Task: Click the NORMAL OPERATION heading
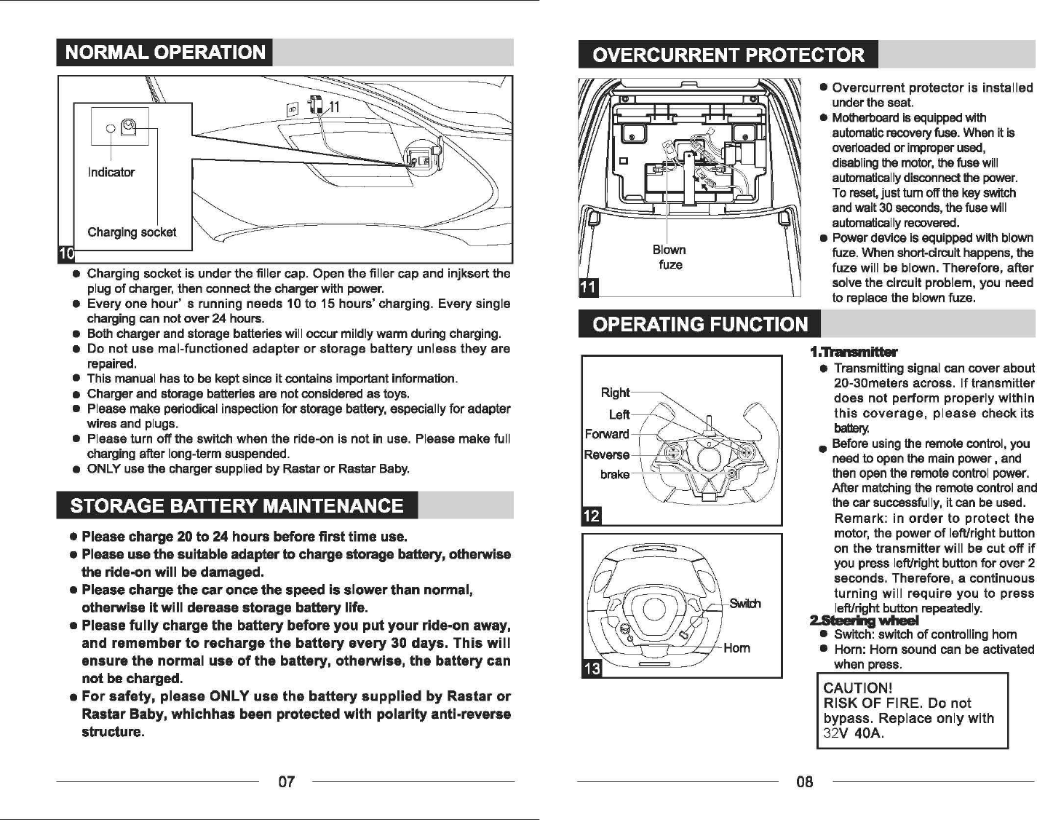(165, 52)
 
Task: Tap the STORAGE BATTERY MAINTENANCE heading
(237, 505)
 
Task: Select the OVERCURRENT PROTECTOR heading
(728, 55)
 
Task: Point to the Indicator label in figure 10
(111, 173)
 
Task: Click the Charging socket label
(132, 232)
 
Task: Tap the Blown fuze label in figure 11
(670, 257)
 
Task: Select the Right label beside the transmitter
(615, 393)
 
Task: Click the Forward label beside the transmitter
(607, 434)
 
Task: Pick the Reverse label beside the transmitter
(606, 454)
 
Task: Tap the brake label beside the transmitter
(615, 474)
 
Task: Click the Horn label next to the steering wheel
(736, 647)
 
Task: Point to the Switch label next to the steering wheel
(744, 603)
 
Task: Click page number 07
(287, 782)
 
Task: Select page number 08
(804, 782)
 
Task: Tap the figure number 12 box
(591, 516)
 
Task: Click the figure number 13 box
(592, 669)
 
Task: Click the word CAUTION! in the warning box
(857, 688)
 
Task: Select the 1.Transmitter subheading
(854, 352)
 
